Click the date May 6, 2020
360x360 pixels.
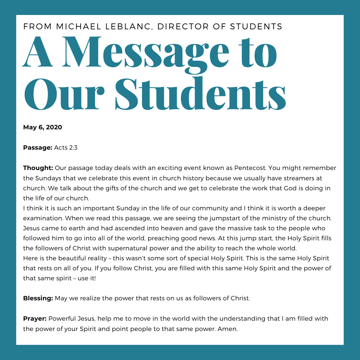pos(43,127)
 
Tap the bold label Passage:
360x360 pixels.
pos(38,147)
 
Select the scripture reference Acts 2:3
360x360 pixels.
pos(66,147)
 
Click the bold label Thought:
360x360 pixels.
pos(38,168)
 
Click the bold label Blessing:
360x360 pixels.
pos(38,298)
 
